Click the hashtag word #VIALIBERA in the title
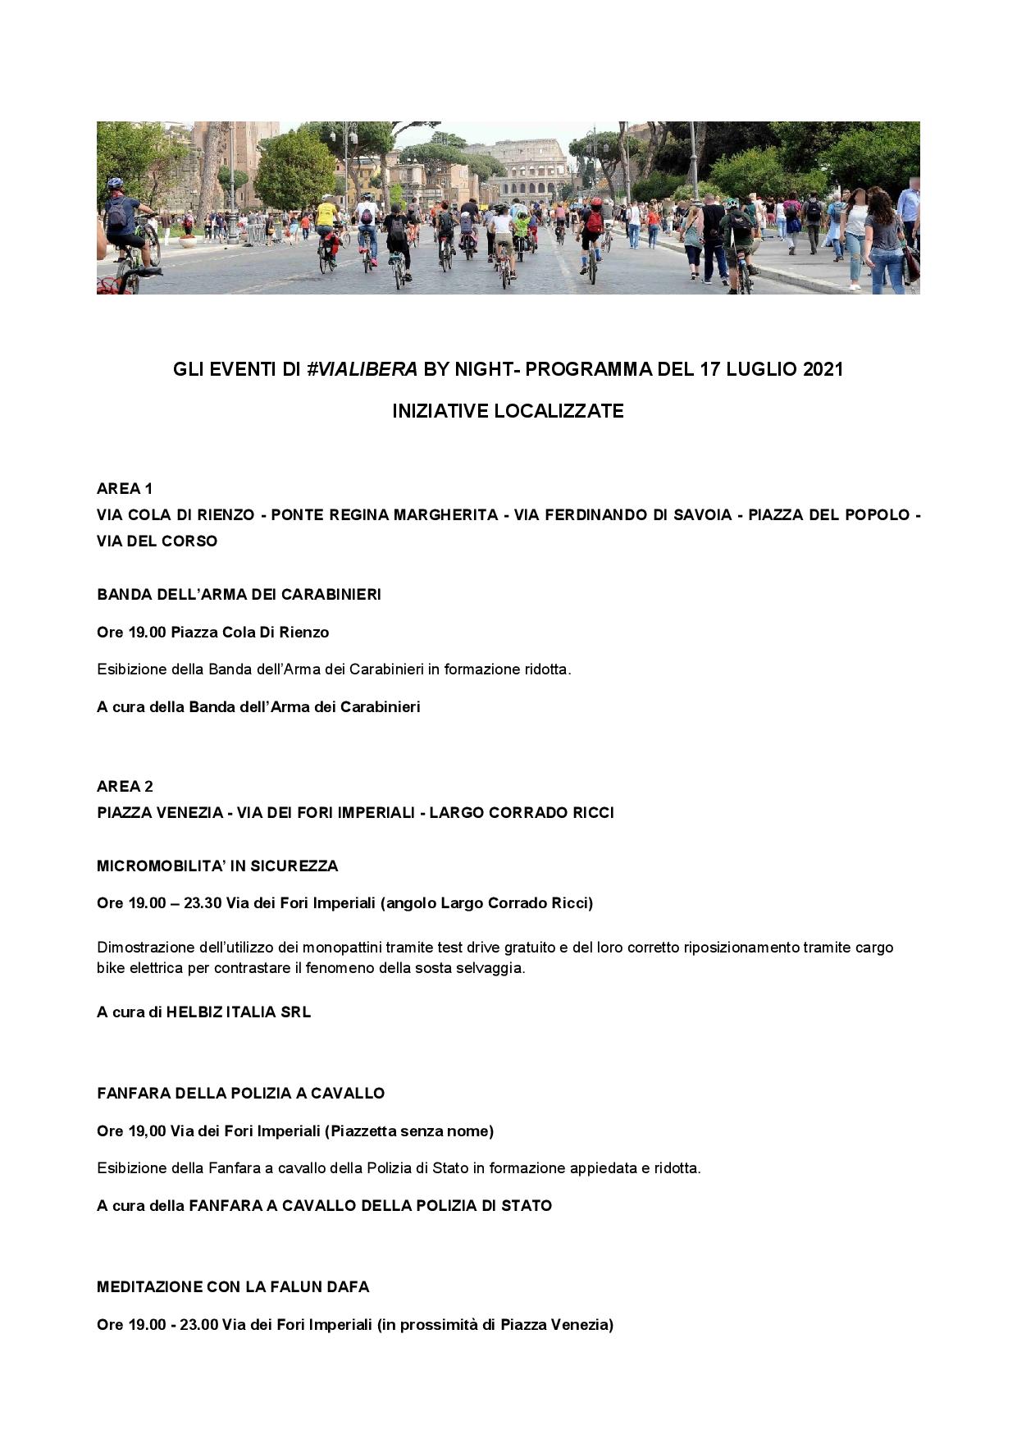[363, 369]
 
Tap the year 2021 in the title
[823, 369]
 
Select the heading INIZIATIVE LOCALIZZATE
[508, 411]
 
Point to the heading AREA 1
[125, 489]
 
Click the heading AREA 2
[125, 787]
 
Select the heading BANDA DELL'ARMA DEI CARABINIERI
[239, 595]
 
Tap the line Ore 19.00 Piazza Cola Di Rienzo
[213, 633]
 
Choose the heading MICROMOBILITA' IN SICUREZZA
[217, 866]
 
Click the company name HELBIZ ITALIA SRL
[239, 1012]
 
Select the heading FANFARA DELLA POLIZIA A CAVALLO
[240, 1094]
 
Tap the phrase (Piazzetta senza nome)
[409, 1131]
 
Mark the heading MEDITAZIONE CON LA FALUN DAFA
[233, 1287]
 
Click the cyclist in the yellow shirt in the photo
[326, 217]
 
